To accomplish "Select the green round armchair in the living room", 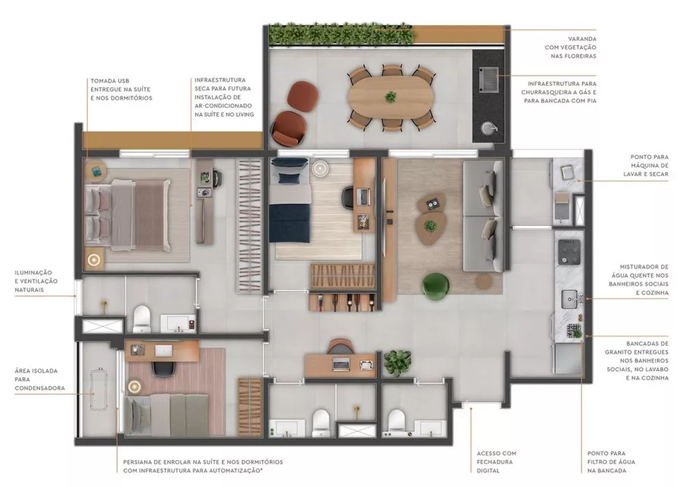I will pos(437,287).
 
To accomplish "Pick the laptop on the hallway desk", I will pos(342,363).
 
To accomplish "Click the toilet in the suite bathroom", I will pos(141,318).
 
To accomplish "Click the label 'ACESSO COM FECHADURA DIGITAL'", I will pos(496,462).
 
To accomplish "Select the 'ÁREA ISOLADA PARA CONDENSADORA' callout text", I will pos(40,379).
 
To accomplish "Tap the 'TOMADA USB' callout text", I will pos(121,89).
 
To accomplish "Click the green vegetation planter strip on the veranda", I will pos(343,33).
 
